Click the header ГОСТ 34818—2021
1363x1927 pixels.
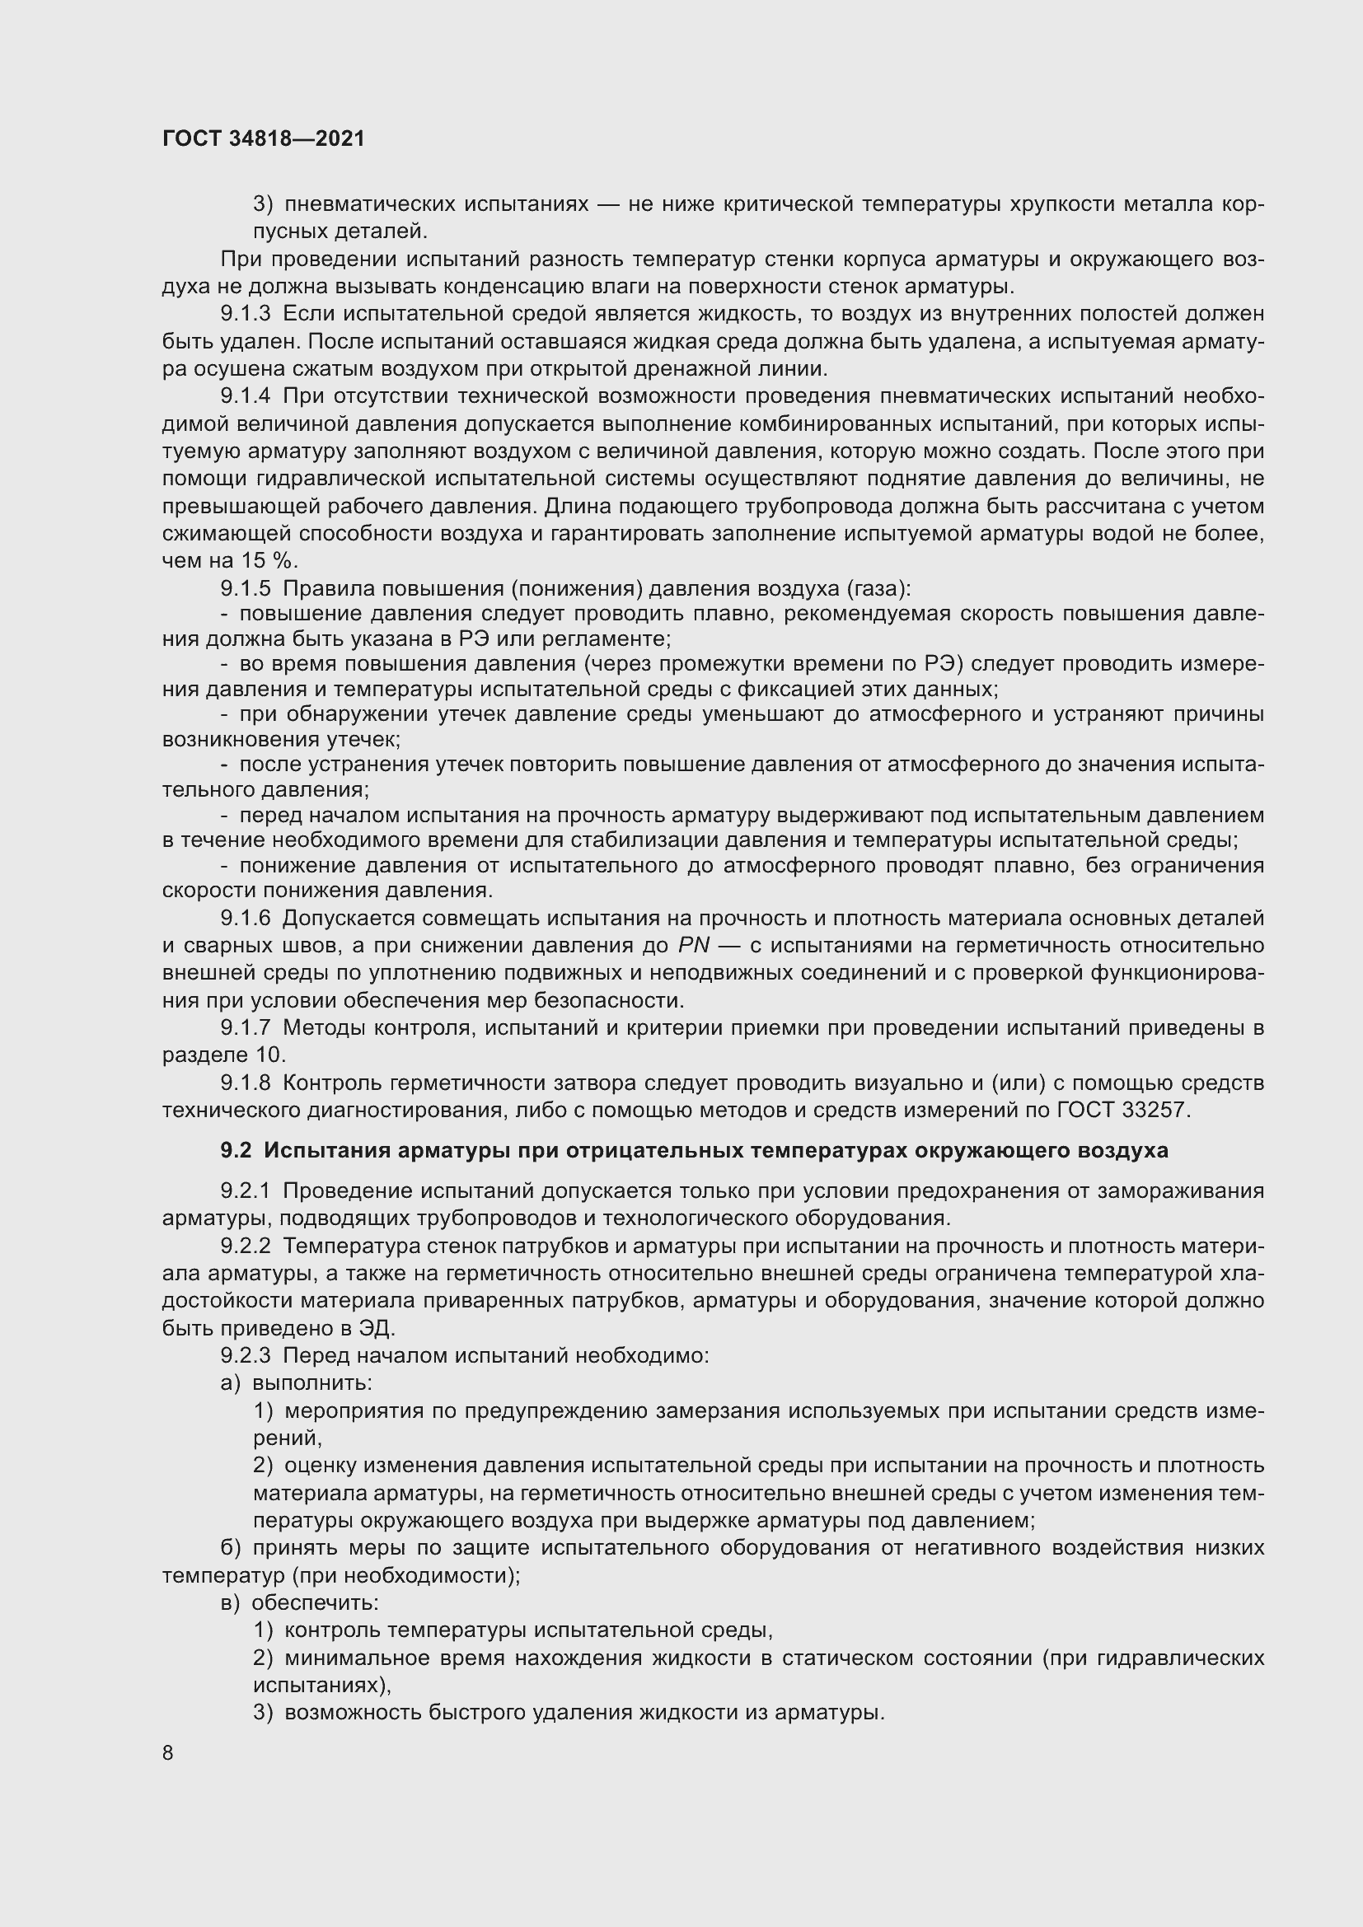coord(264,138)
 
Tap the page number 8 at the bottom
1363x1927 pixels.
coord(168,1752)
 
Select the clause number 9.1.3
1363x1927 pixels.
coord(245,314)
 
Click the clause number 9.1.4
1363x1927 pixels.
coord(245,395)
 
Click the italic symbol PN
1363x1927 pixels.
coord(693,945)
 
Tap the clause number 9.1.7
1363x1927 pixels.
coord(245,1027)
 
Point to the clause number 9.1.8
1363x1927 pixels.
coord(245,1083)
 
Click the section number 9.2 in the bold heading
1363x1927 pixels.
coord(236,1151)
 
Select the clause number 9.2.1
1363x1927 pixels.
coord(245,1191)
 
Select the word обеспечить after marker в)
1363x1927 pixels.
coord(315,1602)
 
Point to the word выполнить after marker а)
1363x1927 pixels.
coord(312,1382)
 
